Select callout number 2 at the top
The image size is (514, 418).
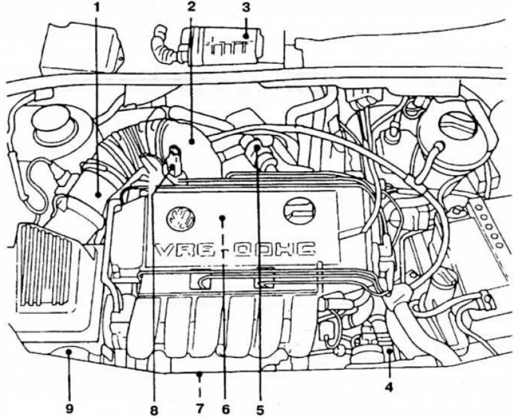pyautogui.click(x=191, y=8)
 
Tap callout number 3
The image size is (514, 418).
pyautogui.click(x=245, y=8)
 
